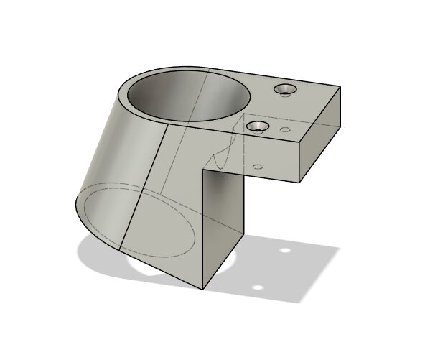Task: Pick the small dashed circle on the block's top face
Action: tap(285, 130)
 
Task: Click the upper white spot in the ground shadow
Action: tap(285, 251)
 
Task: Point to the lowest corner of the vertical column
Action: tap(203, 288)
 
